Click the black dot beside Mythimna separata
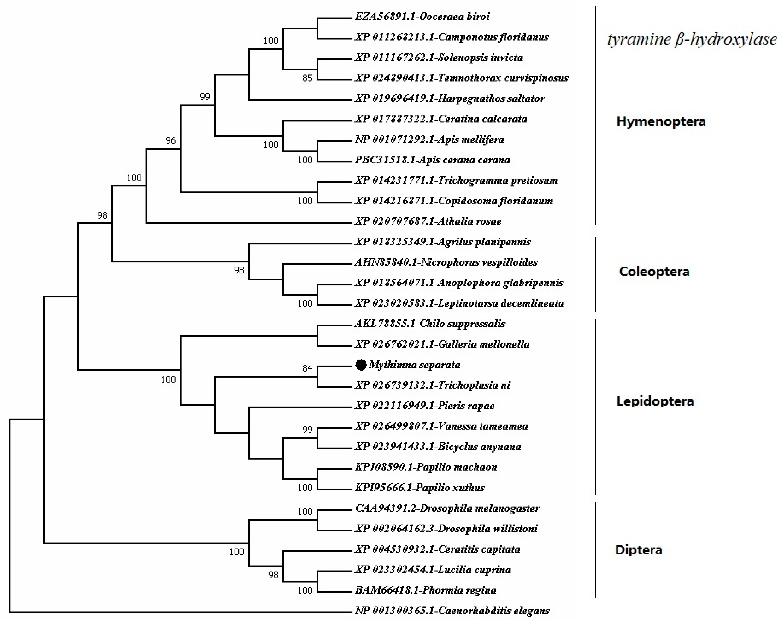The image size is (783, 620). tap(361, 365)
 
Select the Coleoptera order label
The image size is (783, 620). tap(654, 271)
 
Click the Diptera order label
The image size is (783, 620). tap(638, 550)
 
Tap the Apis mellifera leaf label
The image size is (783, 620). tap(429, 139)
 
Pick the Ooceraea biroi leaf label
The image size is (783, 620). tap(422, 16)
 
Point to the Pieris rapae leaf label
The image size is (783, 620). tap(424, 406)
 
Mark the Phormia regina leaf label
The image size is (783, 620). tap(425, 590)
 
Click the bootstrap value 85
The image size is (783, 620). tap(307, 78)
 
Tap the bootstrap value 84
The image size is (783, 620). tap(307, 368)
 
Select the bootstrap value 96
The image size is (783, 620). tap(170, 140)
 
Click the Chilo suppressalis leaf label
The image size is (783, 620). tap(430, 324)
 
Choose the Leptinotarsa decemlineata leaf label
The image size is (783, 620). tap(459, 303)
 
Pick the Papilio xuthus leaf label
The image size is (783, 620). tap(419, 487)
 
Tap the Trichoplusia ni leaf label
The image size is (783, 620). tap(432, 385)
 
